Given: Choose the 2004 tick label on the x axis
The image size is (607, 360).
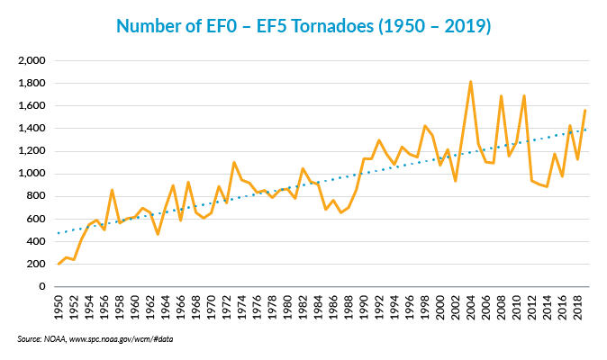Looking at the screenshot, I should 471,306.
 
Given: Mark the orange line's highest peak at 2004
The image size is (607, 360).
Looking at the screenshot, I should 470,82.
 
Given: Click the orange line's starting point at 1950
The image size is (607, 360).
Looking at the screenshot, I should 59,264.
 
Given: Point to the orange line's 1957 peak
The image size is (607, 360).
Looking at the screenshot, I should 112,190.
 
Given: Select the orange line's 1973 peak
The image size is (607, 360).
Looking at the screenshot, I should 234,163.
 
